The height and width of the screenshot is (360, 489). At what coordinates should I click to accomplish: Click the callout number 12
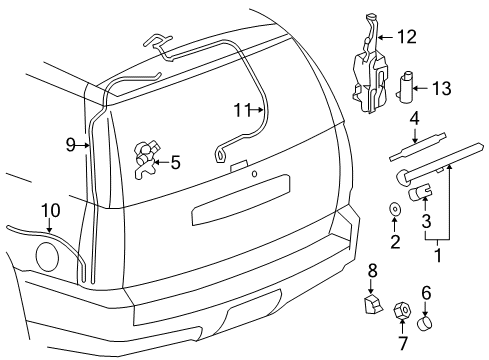(406, 37)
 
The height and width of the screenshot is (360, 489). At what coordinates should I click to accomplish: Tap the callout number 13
(442, 89)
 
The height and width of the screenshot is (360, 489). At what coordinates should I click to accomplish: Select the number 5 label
(175, 162)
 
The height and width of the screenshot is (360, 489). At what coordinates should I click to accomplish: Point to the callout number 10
(51, 210)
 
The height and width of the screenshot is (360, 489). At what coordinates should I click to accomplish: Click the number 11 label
(243, 110)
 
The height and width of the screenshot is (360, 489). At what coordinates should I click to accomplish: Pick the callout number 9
(71, 145)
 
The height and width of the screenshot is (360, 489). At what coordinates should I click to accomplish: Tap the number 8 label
(372, 270)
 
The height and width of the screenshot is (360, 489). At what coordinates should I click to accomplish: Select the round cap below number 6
(424, 323)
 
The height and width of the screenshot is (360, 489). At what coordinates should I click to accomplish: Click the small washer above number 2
(395, 209)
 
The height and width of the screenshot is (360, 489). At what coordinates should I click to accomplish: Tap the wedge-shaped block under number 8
(373, 304)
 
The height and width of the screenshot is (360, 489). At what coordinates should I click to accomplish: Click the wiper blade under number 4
(418, 147)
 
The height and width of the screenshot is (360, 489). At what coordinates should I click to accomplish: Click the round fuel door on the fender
(47, 257)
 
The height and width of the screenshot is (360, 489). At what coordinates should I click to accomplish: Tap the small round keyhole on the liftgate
(254, 174)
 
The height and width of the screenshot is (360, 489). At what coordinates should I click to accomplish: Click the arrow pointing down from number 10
(49, 226)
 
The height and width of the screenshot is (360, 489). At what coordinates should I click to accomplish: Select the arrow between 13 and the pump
(421, 89)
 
